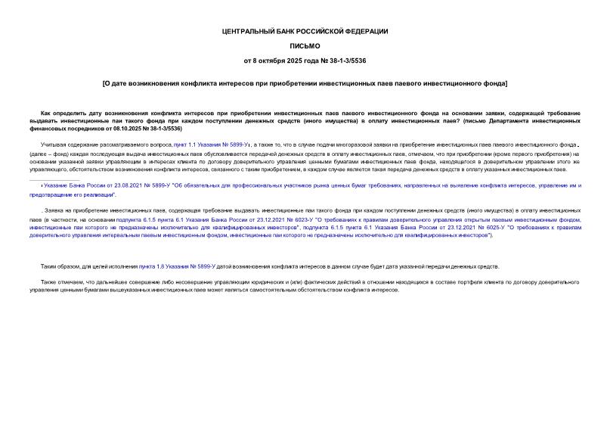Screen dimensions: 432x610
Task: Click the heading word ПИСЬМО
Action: (x=305, y=46)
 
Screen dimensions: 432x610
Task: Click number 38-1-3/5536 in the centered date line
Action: (x=347, y=61)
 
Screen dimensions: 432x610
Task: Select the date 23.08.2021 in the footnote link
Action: (x=116, y=185)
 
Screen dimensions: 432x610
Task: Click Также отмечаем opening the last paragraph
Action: (x=63, y=282)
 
